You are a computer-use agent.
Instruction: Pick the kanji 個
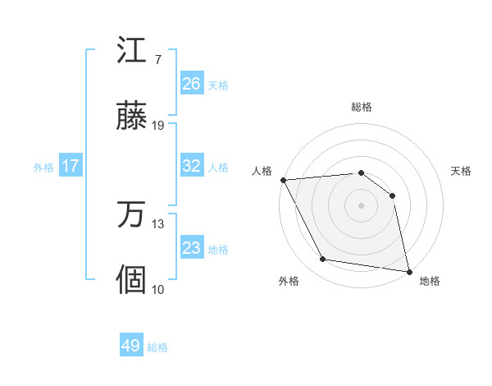[131, 280]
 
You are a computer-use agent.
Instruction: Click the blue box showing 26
[191, 84]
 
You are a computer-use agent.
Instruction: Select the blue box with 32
[191, 166]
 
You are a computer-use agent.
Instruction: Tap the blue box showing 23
[191, 248]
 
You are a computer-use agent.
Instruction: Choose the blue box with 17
[71, 166]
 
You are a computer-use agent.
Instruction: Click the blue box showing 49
[131, 346]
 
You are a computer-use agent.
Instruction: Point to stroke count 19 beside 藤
[158, 126]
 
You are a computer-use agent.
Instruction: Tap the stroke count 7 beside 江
[157, 60]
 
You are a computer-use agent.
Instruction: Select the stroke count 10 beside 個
[158, 289]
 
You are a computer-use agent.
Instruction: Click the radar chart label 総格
[362, 107]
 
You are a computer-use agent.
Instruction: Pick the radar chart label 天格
[461, 171]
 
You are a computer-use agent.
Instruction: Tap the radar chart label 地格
[430, 282]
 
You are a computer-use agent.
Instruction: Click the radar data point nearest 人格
[283, 180]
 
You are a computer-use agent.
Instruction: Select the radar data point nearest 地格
[408, 270]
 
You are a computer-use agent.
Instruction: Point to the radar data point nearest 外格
[323, 260]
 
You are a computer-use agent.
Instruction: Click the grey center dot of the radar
[362, 205]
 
